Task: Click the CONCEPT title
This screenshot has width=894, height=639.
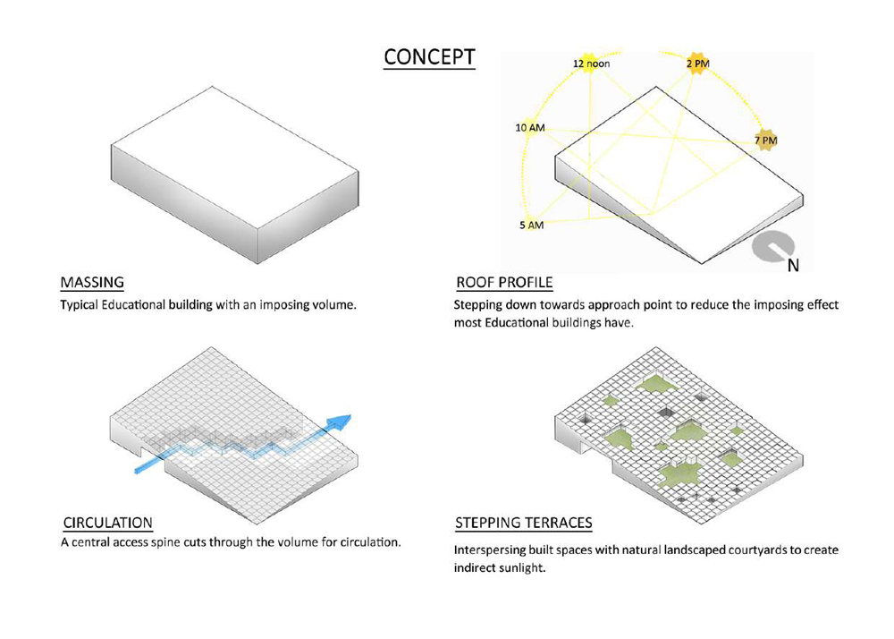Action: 429,57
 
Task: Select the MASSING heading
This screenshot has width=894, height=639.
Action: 92,283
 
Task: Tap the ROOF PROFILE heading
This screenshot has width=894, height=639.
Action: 504,283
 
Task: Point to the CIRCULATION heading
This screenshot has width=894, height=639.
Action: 108,523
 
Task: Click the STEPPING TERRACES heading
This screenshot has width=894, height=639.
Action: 524,523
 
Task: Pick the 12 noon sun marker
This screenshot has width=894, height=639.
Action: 591,63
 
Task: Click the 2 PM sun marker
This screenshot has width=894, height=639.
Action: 698,63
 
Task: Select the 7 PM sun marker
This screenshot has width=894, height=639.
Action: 766,140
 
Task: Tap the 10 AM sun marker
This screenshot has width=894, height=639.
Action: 530,127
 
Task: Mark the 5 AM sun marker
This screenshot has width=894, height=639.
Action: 531,225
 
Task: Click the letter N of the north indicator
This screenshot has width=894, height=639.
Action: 793,265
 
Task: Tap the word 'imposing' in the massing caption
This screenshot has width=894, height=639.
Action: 284,304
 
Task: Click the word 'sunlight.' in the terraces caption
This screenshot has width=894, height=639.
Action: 522,568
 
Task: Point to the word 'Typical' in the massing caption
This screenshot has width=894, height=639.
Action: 79,304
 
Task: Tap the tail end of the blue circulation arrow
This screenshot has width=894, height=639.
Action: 137,471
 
